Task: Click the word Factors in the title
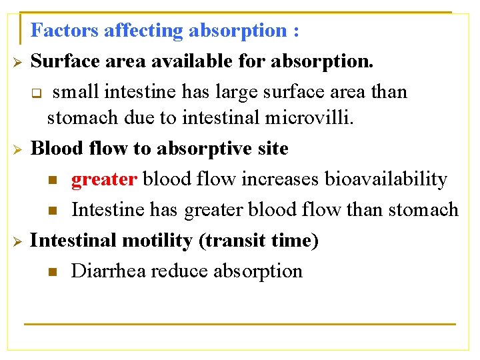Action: pos(65,31)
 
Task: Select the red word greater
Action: pos(104,179)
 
